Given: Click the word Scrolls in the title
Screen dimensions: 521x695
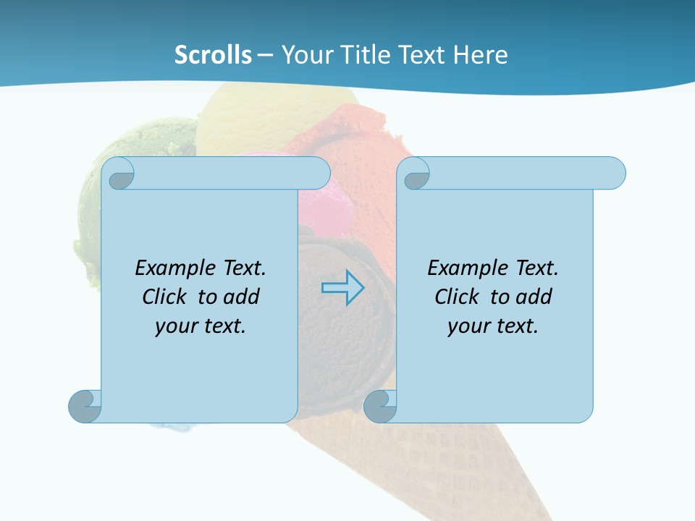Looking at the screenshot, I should tap(213, 55).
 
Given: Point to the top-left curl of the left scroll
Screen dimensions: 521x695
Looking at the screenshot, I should tap(120, 174).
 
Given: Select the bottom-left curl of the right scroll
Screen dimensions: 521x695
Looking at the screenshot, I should tap(380, 406).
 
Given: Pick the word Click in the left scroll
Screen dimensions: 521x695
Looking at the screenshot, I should tap(167, 297).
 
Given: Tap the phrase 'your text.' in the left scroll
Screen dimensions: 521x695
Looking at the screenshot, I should tap(201, 326).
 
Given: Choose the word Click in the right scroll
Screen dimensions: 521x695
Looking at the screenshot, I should tap(460, 297).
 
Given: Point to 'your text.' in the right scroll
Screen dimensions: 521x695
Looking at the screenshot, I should tap(493, 326).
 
